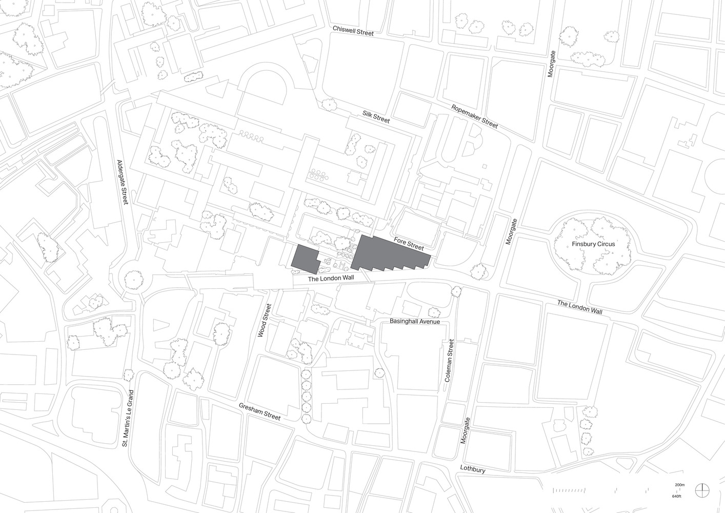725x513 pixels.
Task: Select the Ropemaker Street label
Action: [474, 116]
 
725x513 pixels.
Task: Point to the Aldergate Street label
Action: [122, 182]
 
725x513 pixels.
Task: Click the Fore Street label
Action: [409, 244]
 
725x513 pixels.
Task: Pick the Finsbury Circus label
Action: [593, 244]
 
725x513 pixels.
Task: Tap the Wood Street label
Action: [264, 320]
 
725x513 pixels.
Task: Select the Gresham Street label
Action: [260, 411]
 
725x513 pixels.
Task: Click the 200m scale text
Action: [679, 485]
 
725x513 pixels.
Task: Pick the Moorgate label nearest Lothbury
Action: [465, 430]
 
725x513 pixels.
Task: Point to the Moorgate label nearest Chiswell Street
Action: [551, 64]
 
